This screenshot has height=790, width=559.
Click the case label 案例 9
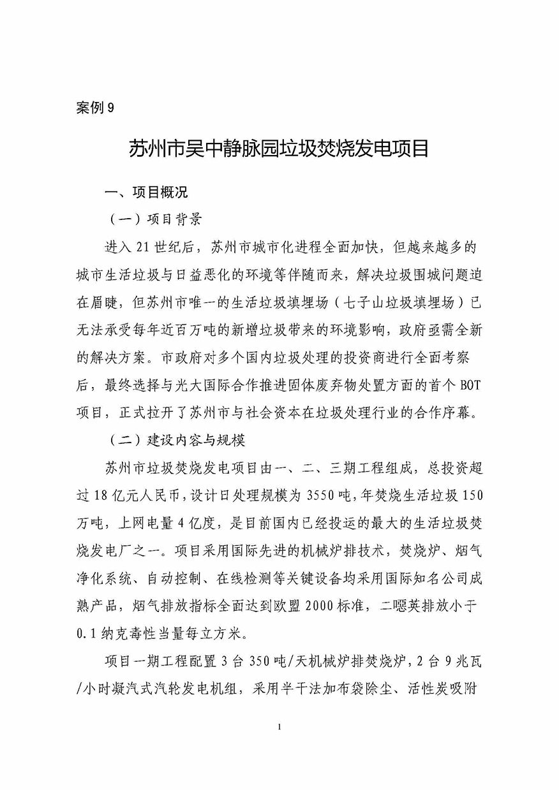pos(94,108)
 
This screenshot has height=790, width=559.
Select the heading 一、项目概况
pos(147,192)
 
